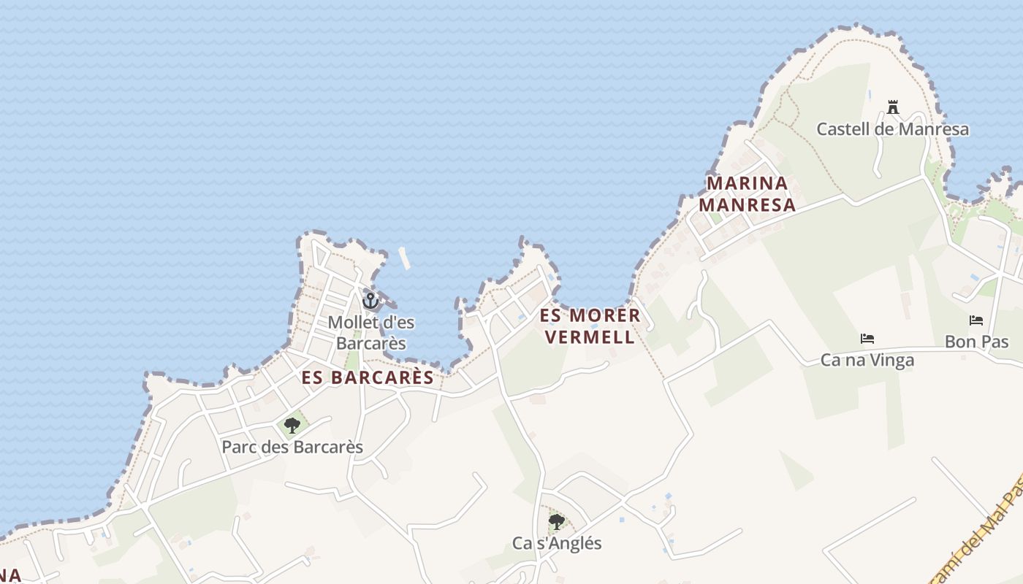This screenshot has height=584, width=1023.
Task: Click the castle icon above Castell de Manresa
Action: pyautogui.click(x=892, y=108)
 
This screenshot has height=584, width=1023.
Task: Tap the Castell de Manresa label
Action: pyautogui.click(x=892, y=129)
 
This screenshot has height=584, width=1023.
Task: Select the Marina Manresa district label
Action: pyautogui.click(x=747, y=193)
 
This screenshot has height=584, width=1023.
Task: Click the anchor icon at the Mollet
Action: pyautogui.click(x=370, y=300)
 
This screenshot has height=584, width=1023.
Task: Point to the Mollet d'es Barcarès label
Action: pyautogui.click(x=367, y=332)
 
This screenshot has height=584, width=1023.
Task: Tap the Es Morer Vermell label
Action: pyautogui.click(x=590, y=326)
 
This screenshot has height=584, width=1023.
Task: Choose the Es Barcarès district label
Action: pyautogui.click(x=368, y=377)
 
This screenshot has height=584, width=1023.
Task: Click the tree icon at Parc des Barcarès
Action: pyautogui.click(x=292, y=425)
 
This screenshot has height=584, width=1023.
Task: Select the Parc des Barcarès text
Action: pyautogui.click(x=292, y=447)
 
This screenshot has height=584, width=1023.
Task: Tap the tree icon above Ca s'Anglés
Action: pyautogui.click(x=557, y=521)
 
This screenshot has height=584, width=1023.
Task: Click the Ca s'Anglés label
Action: pyautogui.click(x=557, y=543)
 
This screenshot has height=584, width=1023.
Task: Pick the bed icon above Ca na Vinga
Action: pyautogui.click(x=867, y=339)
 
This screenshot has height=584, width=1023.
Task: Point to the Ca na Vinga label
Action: pyautogui.click(x=867, y=360)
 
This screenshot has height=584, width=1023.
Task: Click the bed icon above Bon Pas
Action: pyautogui.click(x=976, y=320)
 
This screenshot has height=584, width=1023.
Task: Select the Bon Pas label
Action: pyautogui.click(x=976, y=342)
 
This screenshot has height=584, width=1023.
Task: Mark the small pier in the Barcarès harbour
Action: pyautogui.click(x=404, y=258)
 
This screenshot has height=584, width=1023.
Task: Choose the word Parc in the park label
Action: pyautogui.click(x=239, y=447)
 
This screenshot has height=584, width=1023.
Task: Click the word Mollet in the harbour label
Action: pyautogui.click(x=353, y=322)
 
